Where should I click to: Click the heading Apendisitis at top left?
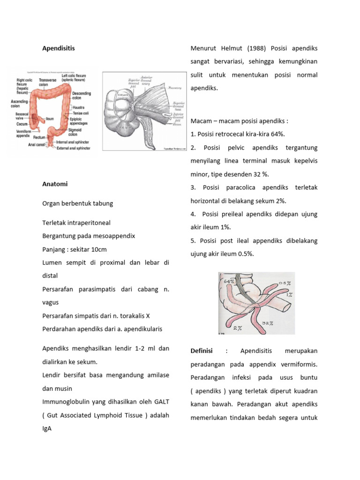tap(59, 48)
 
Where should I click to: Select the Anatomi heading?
tap(55, 184)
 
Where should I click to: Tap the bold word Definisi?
tap(202, 351)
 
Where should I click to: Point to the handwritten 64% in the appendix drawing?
tap(229, 281)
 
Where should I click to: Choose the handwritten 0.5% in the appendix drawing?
tap(285, 283)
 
